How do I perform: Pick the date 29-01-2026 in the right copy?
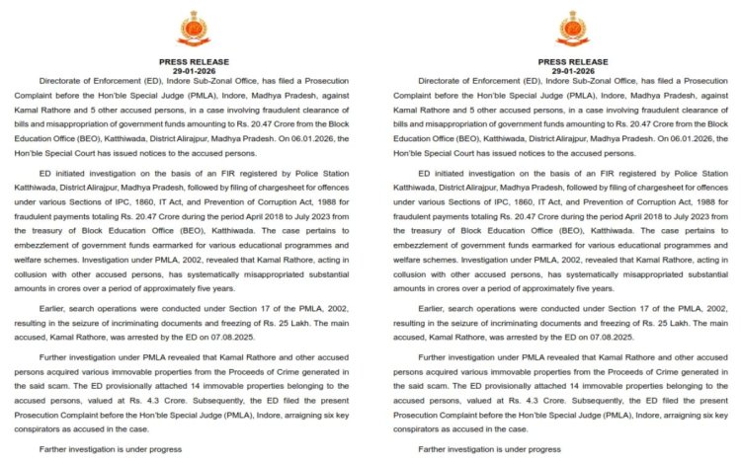(572, 71)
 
